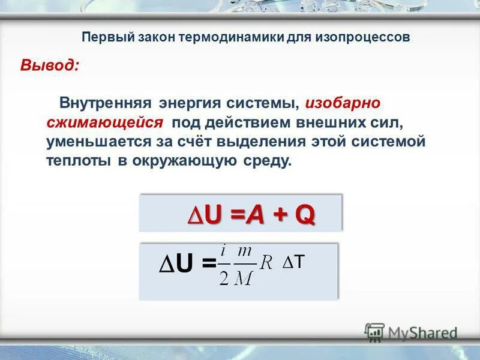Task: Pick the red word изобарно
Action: [x=343, y=103]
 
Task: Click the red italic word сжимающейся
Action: [x=105, y=122]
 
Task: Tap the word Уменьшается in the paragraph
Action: [x=90, y=142]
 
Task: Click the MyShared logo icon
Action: [x=375, y=332]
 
